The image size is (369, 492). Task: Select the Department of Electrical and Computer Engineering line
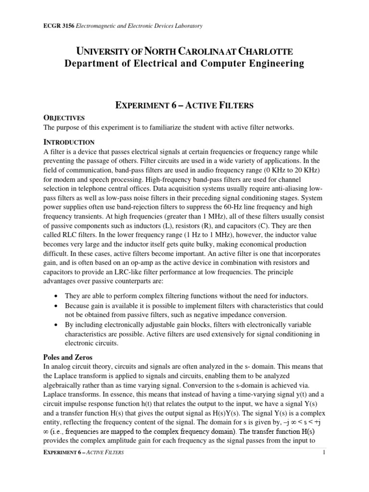(x=184, y=63)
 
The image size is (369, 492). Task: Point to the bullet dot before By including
(x=57, y=325)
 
